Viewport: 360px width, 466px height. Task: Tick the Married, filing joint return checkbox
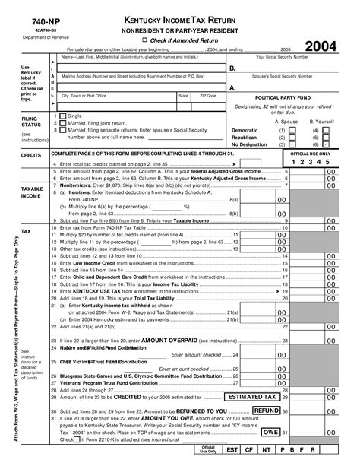tap(62, 122)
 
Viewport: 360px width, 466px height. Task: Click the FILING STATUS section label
tap(32, 122)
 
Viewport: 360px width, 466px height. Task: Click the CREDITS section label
tap(31, 154)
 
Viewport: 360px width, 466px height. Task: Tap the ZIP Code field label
tap(207, 96)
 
